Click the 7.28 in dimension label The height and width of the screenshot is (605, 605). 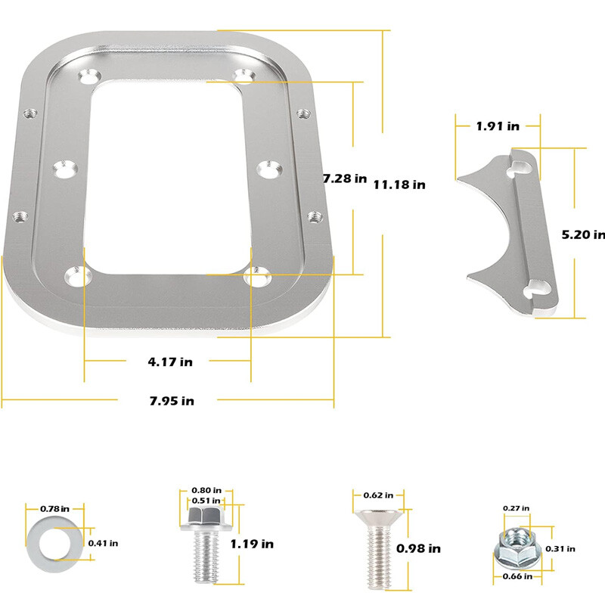(x=345, y=179)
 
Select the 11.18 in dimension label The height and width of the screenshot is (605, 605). (x=399, y=184)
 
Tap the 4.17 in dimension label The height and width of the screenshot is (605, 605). (x=170, y=361)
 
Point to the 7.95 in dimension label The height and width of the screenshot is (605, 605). (x=171, y=401)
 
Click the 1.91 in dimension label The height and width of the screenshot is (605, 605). (x=498, y=126)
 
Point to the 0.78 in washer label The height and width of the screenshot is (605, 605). (x=54, y=508)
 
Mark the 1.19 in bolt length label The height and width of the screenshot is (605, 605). (x=252, y=543)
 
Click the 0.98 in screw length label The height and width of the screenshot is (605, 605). (x=422, y=549)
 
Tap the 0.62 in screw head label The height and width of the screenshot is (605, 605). (x=378, y=495)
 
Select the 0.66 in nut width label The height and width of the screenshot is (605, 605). (x=517, y=576)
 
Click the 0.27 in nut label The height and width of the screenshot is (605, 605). (x=517, y=507)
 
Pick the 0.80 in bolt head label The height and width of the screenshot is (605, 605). (x=206, y=490)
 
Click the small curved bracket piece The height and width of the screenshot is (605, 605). (x=514, y=231)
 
